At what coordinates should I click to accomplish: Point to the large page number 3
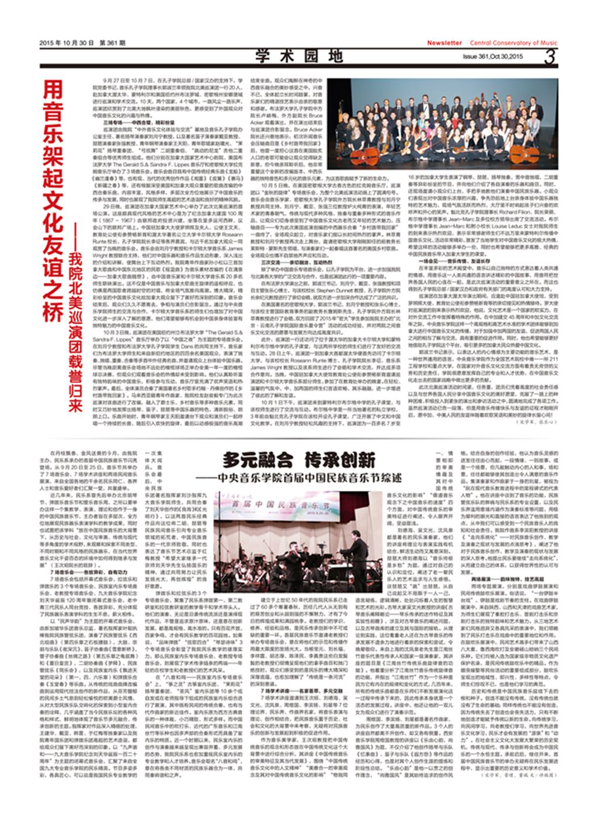549,57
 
